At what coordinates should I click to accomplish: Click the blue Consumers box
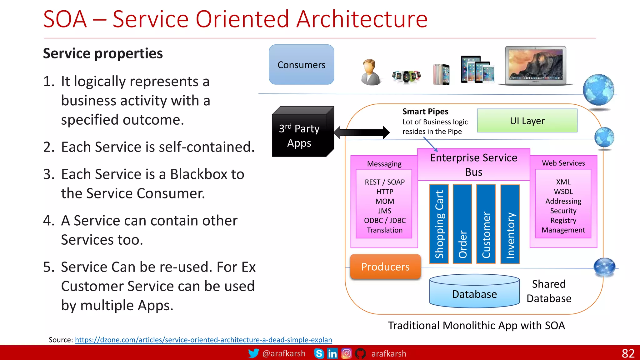tap(301, 64)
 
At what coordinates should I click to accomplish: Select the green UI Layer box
tap(527, 121)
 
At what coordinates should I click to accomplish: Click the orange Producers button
tap(385, 267)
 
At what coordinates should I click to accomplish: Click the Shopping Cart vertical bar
tap(439, 224)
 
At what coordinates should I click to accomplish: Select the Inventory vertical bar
tap(510, 224)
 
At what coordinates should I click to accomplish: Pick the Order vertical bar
tap(462, 224)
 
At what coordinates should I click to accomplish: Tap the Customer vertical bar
tap(486, 224)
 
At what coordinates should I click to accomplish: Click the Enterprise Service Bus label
tap(473, 165)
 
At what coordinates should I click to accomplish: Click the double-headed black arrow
tap(362, 132)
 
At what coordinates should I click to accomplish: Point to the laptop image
tap(535, 66)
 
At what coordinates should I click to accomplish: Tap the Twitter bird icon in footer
tap(253, 353)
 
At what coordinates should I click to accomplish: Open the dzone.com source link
tap(203, 340)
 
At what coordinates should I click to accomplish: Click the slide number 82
tap(628, 353)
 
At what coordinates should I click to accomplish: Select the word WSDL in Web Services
tap(563, 192)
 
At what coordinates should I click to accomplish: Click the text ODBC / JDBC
tap(385, 221)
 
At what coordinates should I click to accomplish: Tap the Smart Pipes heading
tap(425, 112)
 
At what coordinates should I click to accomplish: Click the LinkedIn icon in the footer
tap(332, 353)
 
